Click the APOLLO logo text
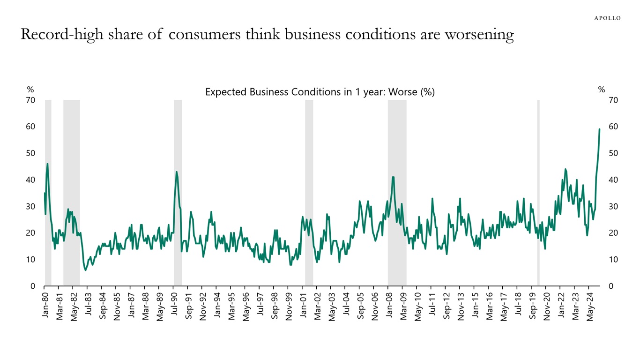click(607, 18)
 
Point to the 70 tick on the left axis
click(30, 100)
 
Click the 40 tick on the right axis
click(613, 180)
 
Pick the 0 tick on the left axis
click(33, 286)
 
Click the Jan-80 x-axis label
click(45, 307)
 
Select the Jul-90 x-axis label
click(174, 307)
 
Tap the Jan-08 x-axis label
click(389, 307)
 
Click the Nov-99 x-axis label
click(289, 307)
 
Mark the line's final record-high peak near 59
click(599, 129)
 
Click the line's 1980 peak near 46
click(47, 164)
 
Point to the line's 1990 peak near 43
click(177, 172)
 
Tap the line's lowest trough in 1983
click(85, 270)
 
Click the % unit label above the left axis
click(30, 90)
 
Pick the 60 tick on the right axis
click(613, 127)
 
